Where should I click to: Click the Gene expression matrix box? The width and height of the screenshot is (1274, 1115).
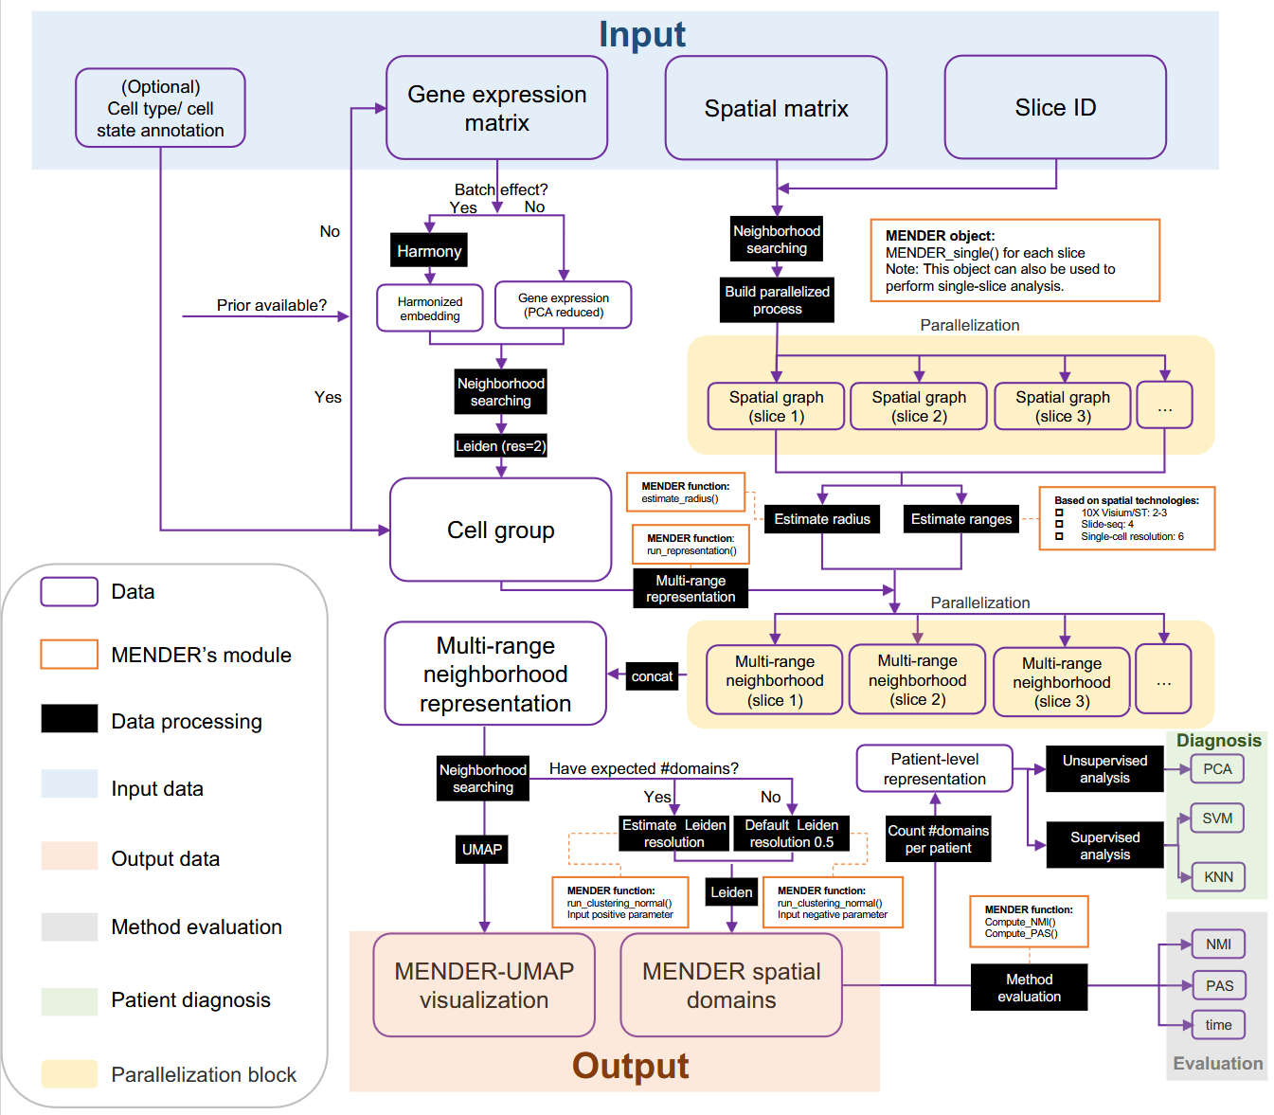496,108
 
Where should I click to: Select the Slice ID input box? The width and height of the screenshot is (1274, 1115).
1055,108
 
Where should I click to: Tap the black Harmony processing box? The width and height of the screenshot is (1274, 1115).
429,251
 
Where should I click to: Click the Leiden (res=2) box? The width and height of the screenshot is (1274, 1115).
500,446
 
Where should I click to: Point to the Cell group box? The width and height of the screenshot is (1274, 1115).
500,530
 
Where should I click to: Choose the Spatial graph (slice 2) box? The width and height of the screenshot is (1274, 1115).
919,406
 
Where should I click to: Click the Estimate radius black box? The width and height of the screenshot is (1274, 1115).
822,519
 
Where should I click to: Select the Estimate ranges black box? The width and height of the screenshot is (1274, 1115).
960,519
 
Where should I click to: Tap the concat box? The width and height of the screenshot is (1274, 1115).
652,676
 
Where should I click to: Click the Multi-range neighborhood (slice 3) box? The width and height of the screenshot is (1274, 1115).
1061,682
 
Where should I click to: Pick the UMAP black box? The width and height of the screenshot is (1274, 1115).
482,850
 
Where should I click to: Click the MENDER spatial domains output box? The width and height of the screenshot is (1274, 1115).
731,985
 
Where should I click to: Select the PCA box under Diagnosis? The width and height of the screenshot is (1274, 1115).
1217,769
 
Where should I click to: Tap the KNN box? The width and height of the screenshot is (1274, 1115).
1218,877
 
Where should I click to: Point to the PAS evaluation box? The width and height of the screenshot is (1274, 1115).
1219,986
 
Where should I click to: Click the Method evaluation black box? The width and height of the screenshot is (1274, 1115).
1029,987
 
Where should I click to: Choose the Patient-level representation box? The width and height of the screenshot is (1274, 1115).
934,768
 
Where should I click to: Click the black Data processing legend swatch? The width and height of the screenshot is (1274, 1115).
69,719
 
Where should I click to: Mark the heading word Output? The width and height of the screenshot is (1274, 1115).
630,1066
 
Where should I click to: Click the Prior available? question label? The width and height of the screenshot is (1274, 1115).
271,305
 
